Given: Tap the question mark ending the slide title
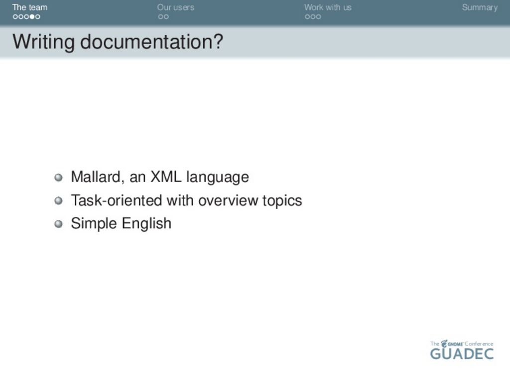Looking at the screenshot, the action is click(x=219, y=41).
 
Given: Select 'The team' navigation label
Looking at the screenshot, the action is click(x=29, y=7).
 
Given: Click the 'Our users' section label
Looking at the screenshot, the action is click(x=176, y=7).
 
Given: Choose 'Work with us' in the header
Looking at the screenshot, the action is click(x=328, y=7).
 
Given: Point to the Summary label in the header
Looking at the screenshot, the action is click(x=480, y=7).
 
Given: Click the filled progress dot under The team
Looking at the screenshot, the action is click(x=32, y=16).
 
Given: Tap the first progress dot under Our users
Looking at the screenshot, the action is click(x=161, y=16).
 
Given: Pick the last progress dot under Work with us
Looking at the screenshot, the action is click(x=318, y=16).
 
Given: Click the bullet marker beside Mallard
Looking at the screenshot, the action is click(x=59, y=178).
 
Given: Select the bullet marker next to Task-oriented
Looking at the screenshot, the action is click(x=59, y=201).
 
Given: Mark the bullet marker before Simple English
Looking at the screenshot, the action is click(x=59, y=224).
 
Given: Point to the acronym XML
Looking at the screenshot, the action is click(x=165, y=177).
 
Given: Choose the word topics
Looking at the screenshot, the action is click(x=282, y=201).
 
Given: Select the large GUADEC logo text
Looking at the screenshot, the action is click(x=462, y=354).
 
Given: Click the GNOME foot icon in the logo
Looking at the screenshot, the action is click(x=444, y=343).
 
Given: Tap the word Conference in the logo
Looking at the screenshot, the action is click(x=479, y=344).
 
